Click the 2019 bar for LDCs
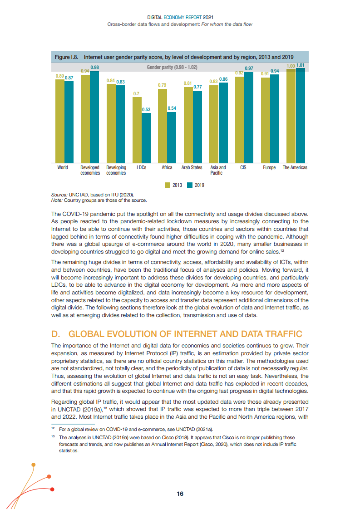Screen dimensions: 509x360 146,138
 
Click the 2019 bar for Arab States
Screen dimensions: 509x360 197,127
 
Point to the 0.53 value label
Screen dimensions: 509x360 146,109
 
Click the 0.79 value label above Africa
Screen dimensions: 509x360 162,85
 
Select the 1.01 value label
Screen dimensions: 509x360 300,66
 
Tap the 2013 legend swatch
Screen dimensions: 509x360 167,185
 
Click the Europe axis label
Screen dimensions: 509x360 269,168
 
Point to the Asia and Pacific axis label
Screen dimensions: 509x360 218,170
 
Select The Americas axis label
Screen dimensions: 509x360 295,168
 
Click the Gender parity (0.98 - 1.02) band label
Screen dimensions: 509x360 172,67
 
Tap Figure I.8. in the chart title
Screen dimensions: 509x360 67,57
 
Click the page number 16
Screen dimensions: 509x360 180,494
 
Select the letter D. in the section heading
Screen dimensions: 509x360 56,334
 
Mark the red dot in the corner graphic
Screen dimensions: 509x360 53,489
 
